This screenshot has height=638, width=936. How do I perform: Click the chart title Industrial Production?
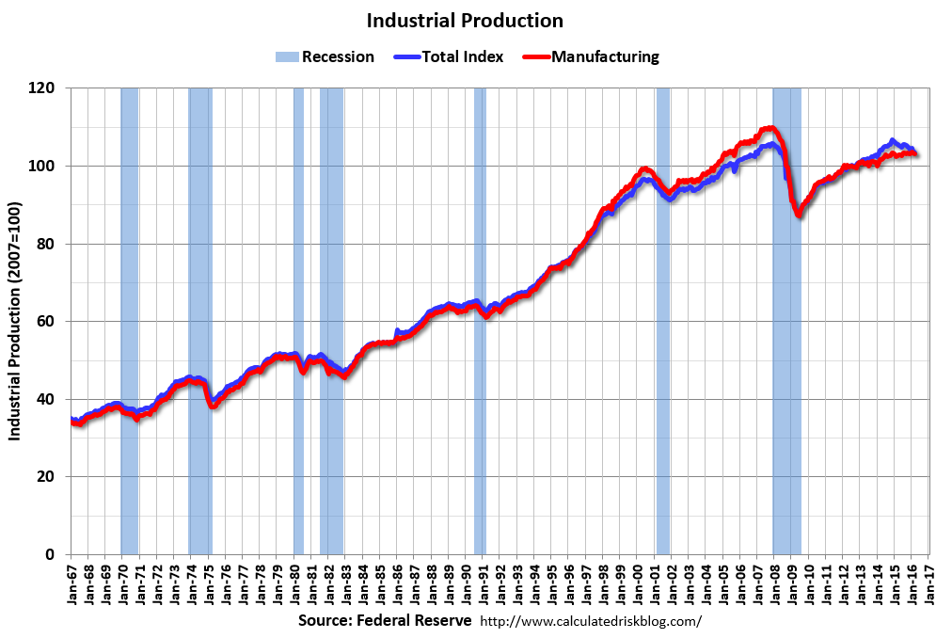pyautogui.click(x=465, y=21)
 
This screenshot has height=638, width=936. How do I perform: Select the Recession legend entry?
pyautogui.click(x=325, y=56)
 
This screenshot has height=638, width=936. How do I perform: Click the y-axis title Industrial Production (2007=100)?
pyautogui.click(x=15, y=320)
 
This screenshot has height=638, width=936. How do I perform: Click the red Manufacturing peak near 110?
pyautogui.click(x=769, y=128)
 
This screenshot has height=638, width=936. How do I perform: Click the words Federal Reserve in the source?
pyautogui.click(x=416, y=621)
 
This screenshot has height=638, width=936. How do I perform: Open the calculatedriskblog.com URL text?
pyautogui.click(x=591, y=622)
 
